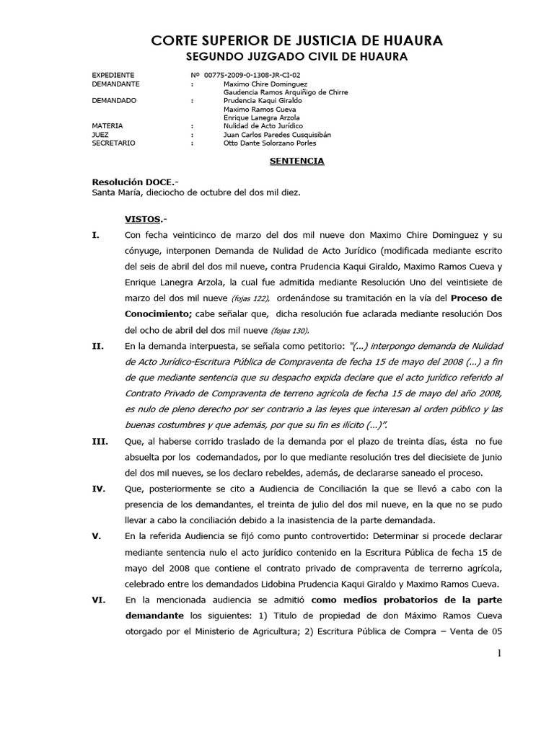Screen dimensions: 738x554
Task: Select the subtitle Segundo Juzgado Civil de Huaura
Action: coord(296,56)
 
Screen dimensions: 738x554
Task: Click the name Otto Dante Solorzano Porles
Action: coord(270,143)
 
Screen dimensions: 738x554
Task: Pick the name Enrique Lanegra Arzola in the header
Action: coord(262,117)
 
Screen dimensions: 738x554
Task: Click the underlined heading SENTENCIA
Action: coord(296,161)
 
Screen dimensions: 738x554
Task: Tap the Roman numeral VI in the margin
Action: coord(99,600)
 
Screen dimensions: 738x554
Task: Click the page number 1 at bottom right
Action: coord(498,653)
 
